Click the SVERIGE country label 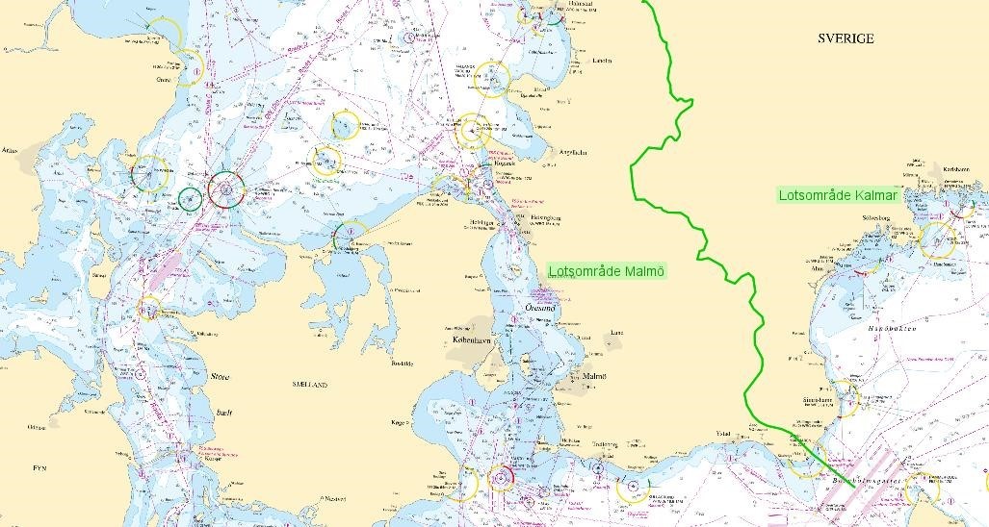tap(845, 38)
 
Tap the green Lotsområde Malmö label tap(607, 270)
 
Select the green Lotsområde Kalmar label tap(838, 195)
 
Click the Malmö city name tap(594, 376)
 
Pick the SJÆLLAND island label tap(309, 384)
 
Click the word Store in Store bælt tap(220, 377)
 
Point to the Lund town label tap(617, 334)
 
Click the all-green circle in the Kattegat tap(190, 199)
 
